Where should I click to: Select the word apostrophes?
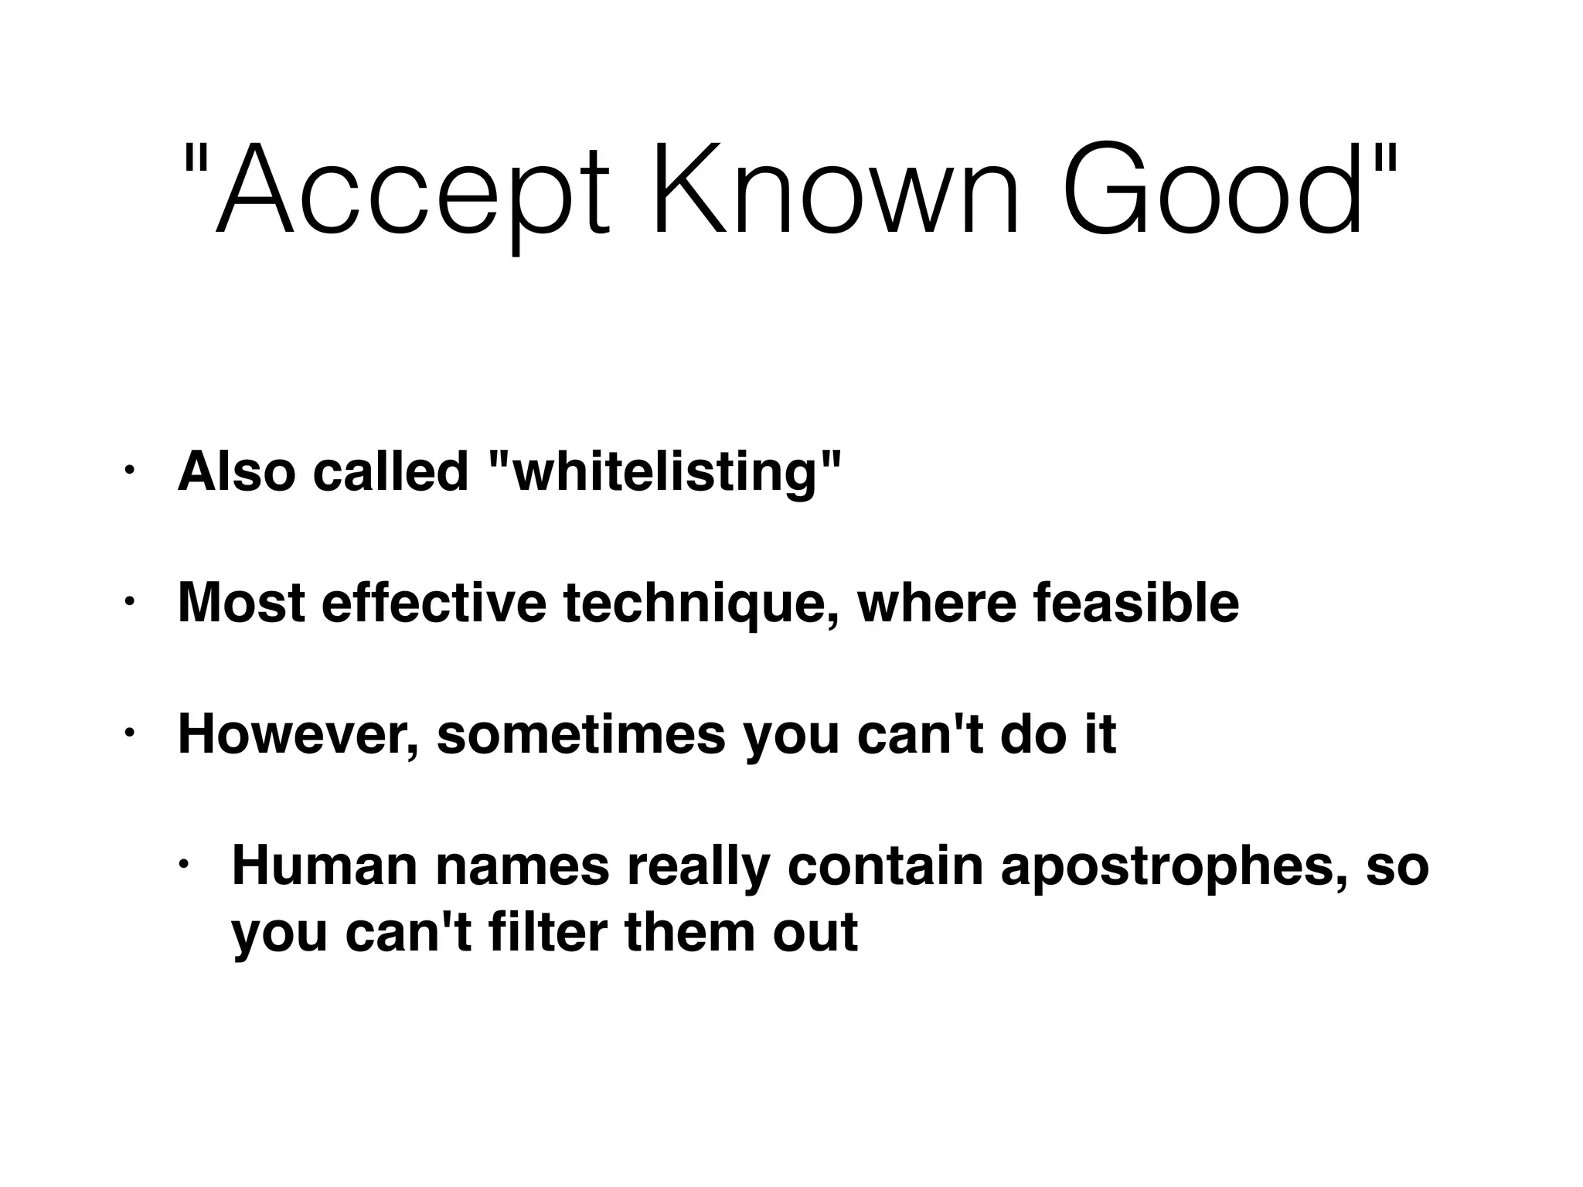pos(1175,868)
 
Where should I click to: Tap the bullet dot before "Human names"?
pos(183,863)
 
